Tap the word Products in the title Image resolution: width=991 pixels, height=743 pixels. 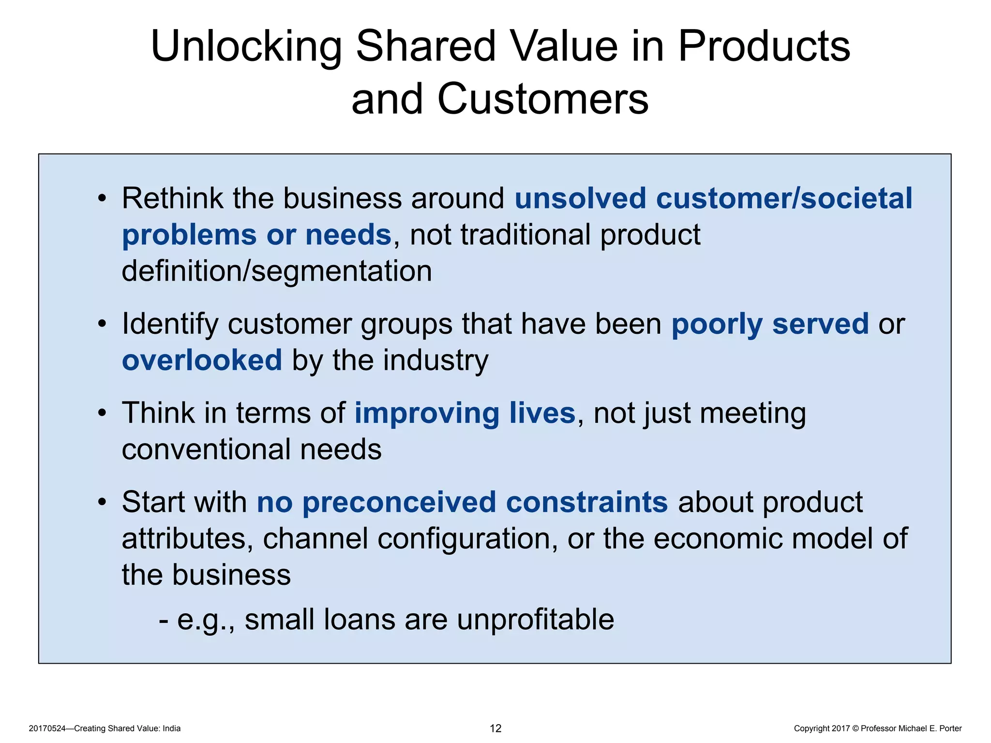tap(764, 47)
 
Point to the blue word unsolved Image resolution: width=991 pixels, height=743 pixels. tap(580, 198)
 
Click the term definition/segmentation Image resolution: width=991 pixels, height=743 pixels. tap(277, 271)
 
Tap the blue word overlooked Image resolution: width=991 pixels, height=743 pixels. tap(202, 360)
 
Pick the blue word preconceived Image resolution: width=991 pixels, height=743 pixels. tap(399, 502)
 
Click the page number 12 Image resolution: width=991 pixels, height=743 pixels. tap(495, 728)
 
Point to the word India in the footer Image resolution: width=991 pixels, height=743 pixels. tap(171, 728)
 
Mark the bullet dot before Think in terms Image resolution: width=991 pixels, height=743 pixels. tap(102, 414)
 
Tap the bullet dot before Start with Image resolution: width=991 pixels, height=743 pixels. tap(102, 503)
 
